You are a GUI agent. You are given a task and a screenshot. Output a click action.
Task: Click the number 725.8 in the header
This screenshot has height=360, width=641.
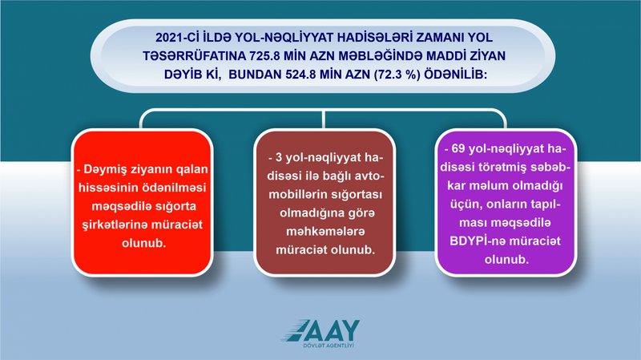(x=263, y=56)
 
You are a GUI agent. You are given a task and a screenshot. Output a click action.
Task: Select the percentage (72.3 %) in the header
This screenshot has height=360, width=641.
(x=397, y=75)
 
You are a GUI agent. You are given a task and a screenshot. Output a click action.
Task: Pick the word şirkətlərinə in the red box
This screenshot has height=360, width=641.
(x=115, y=225)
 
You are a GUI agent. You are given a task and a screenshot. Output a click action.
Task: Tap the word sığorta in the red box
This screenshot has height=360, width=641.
(x=175, y=207)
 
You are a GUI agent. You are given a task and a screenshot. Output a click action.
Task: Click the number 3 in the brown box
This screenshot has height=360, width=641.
(x=279, y=158)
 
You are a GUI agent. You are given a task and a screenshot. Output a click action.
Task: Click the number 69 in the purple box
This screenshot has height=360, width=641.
(x=458, y=149)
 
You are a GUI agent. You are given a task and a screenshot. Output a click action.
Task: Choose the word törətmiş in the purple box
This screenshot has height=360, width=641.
(x=511, y=168)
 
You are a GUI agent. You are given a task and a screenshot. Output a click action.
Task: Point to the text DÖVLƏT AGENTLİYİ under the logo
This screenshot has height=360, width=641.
(x=329, y=346)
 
